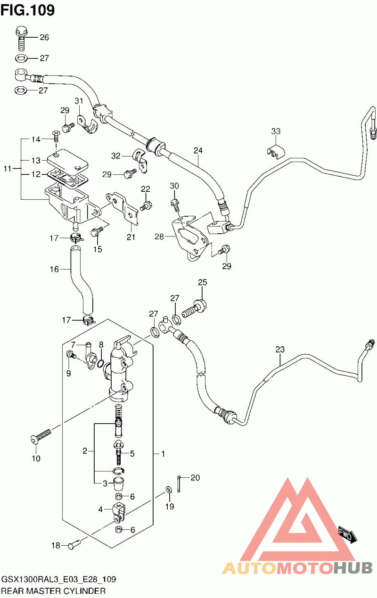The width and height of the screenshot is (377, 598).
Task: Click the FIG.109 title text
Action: tap(27, 10)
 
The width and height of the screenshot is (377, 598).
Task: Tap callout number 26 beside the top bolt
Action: tap(44, 37)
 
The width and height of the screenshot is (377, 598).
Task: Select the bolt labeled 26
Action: tap(22, 38)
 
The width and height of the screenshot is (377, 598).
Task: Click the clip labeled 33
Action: tap(276, 152)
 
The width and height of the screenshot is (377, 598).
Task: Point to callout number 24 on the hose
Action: tap(198, 151)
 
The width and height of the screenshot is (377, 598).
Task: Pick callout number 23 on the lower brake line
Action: tap(280, 349)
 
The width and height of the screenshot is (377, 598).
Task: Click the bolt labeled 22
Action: tap(146, 206)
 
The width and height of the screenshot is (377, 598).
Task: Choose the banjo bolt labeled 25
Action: tap(195, 308)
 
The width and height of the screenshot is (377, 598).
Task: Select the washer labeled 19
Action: tap(169, 489)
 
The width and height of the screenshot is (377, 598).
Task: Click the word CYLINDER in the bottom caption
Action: tap(84, 591)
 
